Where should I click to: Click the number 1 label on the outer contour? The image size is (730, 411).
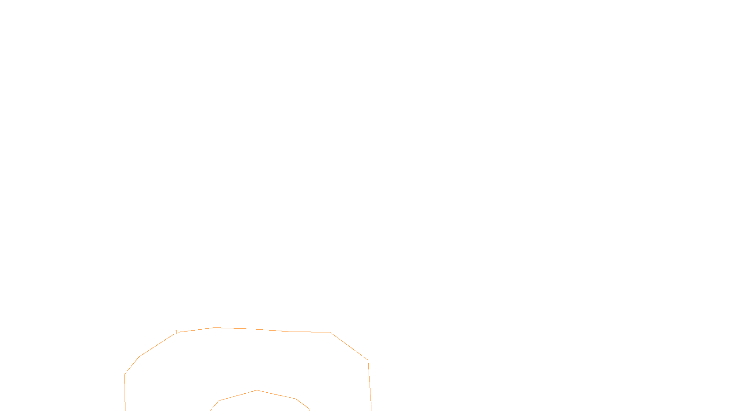(176, 332)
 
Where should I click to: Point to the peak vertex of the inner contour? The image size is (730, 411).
(257, 390)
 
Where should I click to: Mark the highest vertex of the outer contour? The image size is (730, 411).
(214, 327)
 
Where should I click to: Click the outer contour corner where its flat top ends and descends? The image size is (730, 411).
(330, 332)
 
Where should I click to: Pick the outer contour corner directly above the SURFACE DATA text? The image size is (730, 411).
(368, 360)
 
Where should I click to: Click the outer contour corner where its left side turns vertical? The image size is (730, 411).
(125, 374)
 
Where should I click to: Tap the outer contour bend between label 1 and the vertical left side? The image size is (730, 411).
(139, 357)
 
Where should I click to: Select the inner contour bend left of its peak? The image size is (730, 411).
(219, 400)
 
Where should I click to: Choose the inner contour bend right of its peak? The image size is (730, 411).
(296, 399)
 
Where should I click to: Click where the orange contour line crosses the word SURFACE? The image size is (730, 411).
(370, 403)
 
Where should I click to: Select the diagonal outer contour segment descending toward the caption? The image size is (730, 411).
(349, 346)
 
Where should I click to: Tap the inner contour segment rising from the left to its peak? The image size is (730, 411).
(238, 395)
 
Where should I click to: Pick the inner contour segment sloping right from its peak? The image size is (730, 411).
(276, 395)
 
